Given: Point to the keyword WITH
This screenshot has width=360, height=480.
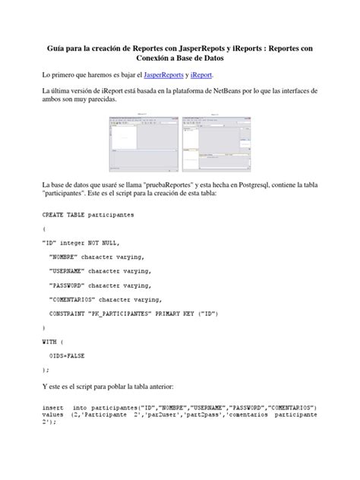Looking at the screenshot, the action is (49, 341).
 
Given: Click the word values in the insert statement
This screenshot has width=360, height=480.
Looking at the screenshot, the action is (53, 415).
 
